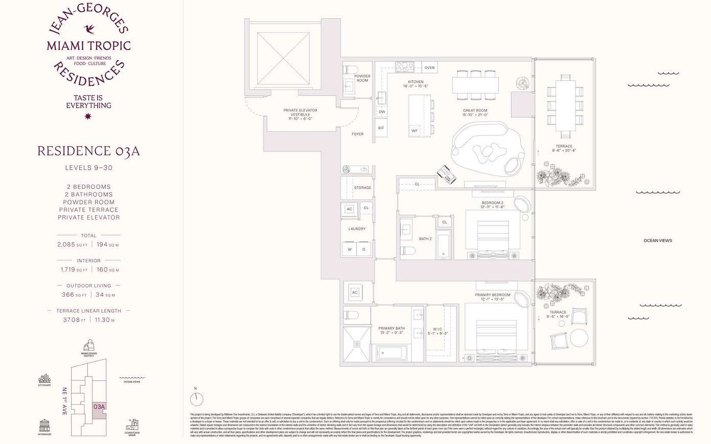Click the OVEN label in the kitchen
tap(429, 68)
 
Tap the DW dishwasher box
tap(382, 112)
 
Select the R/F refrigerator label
tap(381, 128)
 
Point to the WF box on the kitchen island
tap(415, 131)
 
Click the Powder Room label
tap(362, 78)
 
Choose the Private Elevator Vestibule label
tap(300, 114)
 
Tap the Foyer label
tap(357, 134)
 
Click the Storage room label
tap(362, 188)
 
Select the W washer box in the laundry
tap(350, 250)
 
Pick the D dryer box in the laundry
tap(364, 250)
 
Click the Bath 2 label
tap(425, 239)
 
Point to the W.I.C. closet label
tap(438, 331)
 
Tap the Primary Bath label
tap(391, 330)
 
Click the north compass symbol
tap(196, 398)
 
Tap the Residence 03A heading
tap(88, 151)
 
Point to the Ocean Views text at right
tap(657, 240)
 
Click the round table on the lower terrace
tap(579, 338)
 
